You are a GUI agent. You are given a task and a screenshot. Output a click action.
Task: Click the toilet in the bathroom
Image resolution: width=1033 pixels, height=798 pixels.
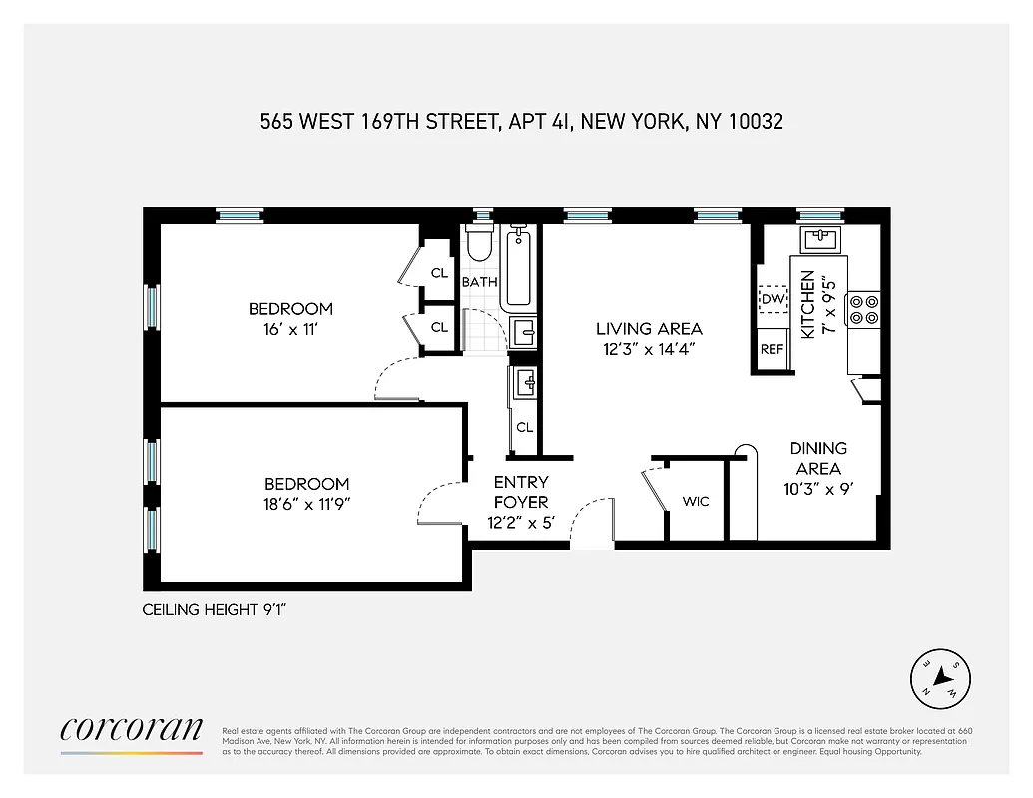click(x=480, y=242)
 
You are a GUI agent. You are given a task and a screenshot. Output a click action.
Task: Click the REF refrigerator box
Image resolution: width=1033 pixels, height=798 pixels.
click(x=773, y=349)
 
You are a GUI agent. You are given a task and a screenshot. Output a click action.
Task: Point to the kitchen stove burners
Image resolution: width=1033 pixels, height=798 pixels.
click(x=863, y=309)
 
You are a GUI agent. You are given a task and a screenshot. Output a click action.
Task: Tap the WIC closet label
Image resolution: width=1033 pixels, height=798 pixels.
click(x=696, y=501)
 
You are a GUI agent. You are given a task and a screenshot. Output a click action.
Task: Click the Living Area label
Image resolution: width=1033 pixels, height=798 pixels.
click(x=649, y=329)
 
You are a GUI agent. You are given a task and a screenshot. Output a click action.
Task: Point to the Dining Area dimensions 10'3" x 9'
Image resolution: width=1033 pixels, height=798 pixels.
click(x=818, y=490)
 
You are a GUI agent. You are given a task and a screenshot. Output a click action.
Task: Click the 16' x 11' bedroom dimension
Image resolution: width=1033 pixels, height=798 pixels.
click(x=290, y=330)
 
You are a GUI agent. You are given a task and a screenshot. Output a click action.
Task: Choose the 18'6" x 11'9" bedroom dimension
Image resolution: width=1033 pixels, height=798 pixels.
click(x=298, y=505)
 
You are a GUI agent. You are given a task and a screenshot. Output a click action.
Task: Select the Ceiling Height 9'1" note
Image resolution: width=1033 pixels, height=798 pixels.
click(x=215, y=610)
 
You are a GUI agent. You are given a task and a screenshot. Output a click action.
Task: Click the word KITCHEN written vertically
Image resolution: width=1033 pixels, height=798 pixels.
click(x=808, y=304)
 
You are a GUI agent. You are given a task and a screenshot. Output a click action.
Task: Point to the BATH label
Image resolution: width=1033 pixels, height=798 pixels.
click(x=479, y=283)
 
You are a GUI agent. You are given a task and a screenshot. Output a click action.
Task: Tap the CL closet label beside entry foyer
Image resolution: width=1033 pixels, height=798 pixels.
click(x=524, y=427)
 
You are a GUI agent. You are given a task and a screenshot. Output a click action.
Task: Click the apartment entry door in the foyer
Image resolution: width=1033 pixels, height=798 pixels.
click(x=592, y=524)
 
